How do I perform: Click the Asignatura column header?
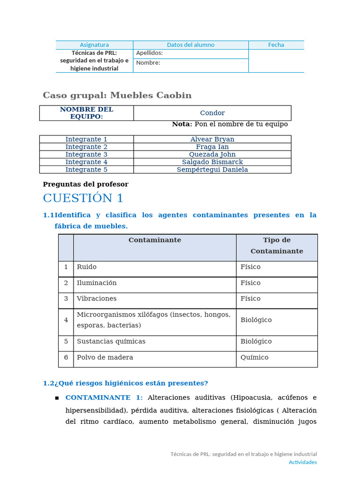pyautogui.click(x=94, y=45)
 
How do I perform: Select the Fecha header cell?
pyautogui.click(x=276, y=45)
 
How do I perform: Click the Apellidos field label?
pyautogui.click(x=149, y=53)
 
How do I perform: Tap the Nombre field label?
pyautogui.click(x=148, y=63)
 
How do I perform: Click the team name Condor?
pyautogui.click(x=212, y=113)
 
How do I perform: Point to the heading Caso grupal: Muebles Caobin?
pyautogui.click(x=117, y=96)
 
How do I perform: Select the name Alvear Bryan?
pyautogui.click(x=212, y=139)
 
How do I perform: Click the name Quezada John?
pyautogui.click(x=212, y=154)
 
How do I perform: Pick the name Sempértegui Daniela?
pyautogui.click(x=212, y=170)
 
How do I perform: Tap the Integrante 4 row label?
pyautogui.click(x=86, y=162)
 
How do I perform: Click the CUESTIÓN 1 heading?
pyautogui.click(x=83, y=198)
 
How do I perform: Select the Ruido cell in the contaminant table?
pyautogui.click(x=87, y=267)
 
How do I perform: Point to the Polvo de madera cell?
pyautogui.click(x=105, y=358)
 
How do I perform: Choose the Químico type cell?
pyautogui.click(x=255, y=358)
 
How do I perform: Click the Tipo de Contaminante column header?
pyautogui.click(x=277, y=246)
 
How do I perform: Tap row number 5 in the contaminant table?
pyautogui.click(x=66, y=342)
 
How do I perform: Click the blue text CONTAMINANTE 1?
pyautogui.click(x=104, y=397)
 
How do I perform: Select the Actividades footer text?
pyautogui.click(x=302, y=462)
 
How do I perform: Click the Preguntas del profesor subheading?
pyautogui.click(x=85, y=184)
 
